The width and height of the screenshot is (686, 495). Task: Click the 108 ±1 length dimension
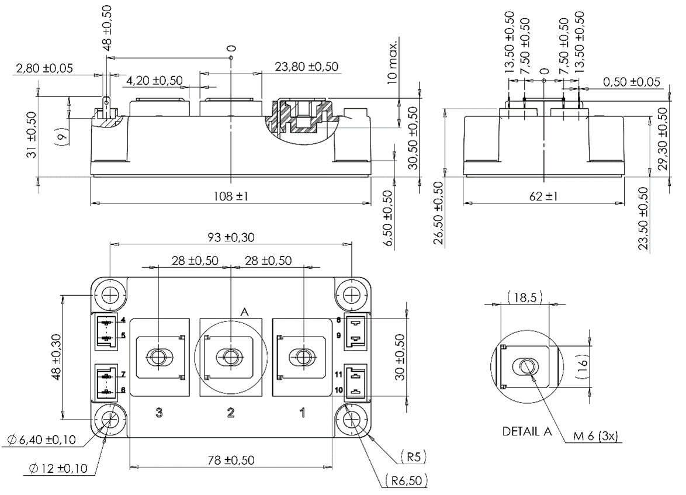point(230,197)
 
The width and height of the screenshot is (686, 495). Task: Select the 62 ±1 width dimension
point(543,197)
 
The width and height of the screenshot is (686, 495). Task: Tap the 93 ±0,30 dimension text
point(230,238)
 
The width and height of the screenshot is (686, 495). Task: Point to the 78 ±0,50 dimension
point(230,460)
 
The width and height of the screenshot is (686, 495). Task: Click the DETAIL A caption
point(526,432)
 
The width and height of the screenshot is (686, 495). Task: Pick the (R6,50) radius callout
point(407,480)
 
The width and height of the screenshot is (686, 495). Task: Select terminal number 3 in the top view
point(159,413)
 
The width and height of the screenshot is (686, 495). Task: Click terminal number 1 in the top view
point(302,413)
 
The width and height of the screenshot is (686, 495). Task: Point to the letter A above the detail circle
point(244,313)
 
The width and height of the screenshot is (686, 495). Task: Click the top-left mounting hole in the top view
point(110,294)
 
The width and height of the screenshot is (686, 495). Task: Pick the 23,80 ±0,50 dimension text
point(306,67)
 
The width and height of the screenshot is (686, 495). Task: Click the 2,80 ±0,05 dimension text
point(44,68)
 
